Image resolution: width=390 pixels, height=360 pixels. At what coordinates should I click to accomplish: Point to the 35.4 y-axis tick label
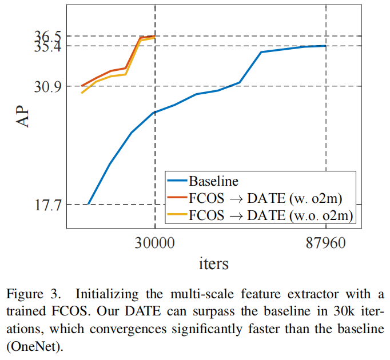point(48,46)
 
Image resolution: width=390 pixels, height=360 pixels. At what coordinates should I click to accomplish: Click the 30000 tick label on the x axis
point(154,243)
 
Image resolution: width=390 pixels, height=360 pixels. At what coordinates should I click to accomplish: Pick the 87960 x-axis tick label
point(326,243)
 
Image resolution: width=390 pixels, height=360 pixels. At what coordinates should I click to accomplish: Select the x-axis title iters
point(213,264)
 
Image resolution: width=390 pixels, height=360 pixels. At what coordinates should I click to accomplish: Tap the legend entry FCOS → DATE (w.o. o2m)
point(270,215)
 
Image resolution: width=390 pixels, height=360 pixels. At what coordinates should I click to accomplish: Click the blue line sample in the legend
point(177,181)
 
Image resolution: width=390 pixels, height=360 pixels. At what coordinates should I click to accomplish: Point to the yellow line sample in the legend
point(177,215)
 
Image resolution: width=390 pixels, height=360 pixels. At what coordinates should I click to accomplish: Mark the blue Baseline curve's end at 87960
point(325,46)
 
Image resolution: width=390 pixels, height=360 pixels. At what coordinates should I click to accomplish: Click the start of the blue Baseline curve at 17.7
point(89,204)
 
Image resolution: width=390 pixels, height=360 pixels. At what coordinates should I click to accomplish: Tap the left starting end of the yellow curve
point(82,93)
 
